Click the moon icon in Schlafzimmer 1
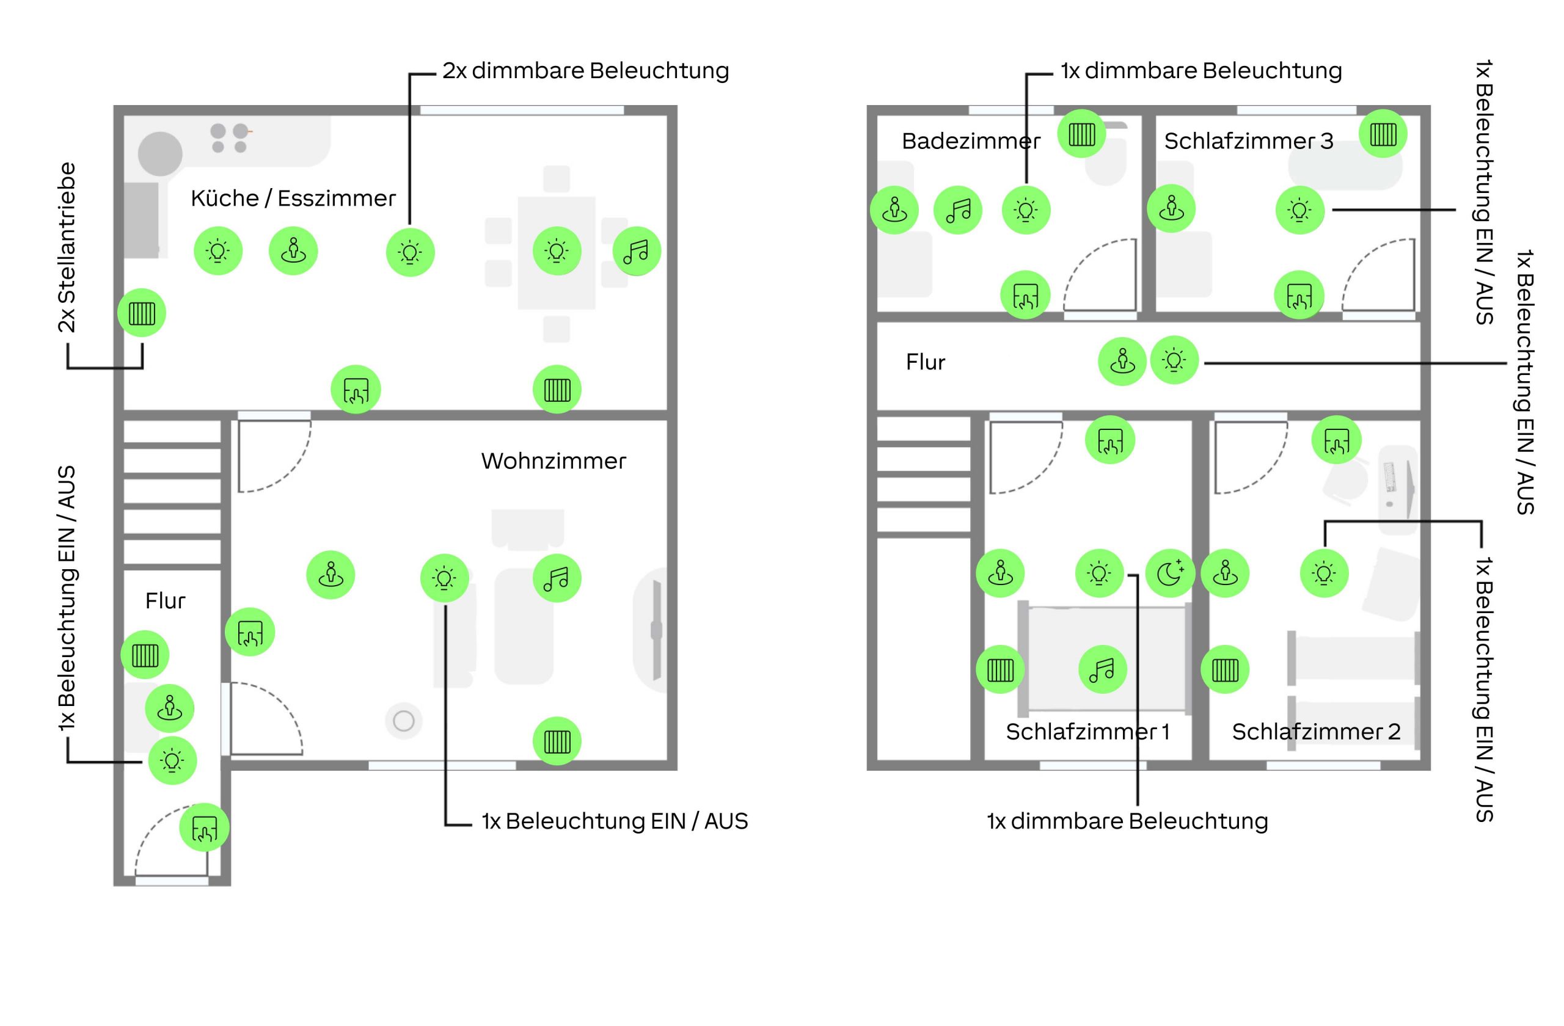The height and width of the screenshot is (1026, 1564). [1170, 573]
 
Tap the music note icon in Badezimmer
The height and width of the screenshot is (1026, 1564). [957, 210]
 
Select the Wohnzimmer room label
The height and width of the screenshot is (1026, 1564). [554, 461]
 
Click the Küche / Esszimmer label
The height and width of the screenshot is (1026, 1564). [293, 198]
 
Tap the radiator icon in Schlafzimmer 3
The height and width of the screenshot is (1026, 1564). [1383, 134]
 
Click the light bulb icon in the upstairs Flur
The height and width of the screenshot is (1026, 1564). [1174, 360]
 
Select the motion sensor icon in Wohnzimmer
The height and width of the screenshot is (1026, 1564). [331, 575]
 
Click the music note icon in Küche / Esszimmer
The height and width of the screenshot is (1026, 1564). [636, 251]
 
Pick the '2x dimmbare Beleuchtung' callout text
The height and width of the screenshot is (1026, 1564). [585, 71]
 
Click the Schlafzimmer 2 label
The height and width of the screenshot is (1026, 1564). [1315, 732]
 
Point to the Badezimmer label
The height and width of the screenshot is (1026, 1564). [971, 141]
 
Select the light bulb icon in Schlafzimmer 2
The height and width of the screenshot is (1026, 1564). [1323, 573]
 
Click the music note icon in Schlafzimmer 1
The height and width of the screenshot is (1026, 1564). [1102, 669]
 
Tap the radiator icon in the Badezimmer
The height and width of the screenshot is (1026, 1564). [1081, 134]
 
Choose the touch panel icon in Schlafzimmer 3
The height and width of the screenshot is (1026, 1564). [1299, 296]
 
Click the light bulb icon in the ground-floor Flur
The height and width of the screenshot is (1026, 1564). [172, 760]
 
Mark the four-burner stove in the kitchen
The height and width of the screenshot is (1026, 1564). [229, 138]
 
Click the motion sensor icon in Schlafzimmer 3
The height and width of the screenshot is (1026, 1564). [1171, 209]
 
